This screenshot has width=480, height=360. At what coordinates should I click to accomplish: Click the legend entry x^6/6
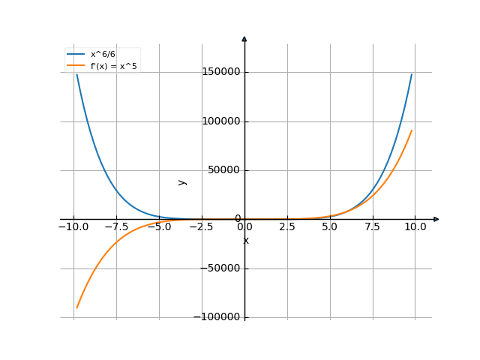[x=103, y=55]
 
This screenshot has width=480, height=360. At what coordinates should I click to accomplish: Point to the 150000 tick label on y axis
[x=221, y=72]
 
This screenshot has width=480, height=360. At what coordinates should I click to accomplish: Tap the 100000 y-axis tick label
[x=221, y=121]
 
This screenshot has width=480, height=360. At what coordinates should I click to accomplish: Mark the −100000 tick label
[x=218, y=317]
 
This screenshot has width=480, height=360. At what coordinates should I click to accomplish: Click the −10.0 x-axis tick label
[x=73, y=226]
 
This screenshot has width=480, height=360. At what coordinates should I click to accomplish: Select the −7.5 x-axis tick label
[x=116, y=226]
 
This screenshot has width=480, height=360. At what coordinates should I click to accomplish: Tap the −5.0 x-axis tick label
[x=159, y=226]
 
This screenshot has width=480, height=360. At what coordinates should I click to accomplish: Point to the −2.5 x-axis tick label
[x=202, y=226]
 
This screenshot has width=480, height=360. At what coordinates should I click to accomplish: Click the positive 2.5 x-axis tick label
[x=287, y=226]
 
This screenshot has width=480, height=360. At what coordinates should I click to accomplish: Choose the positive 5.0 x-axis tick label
[x=330, y=226]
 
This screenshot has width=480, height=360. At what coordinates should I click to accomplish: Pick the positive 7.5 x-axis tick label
[x=373, y=226]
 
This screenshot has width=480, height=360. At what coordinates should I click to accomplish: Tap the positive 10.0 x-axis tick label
[x=415, y=226]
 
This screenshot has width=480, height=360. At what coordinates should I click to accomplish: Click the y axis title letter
[x=182, y=181]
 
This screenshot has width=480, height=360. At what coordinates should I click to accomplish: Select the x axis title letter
[x=246, y=240]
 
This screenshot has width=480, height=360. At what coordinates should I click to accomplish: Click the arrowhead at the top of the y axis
[x=244, y=38]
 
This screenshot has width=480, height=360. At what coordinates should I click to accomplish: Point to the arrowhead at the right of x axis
[x=436, y=219]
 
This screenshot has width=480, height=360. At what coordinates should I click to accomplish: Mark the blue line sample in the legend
[x=76, y=55]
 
